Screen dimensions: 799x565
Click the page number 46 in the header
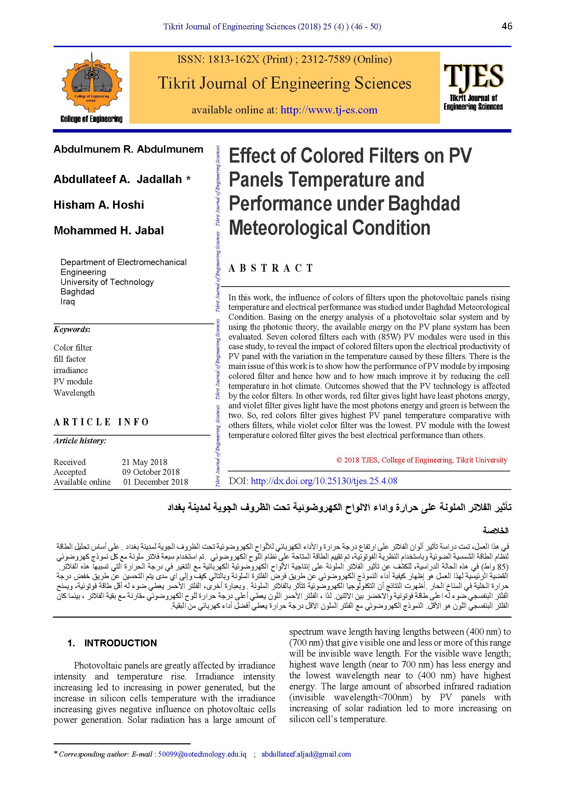pyautogui.click(x=507, y=26)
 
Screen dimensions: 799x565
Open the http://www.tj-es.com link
pyautogui.click(x=329, y=110)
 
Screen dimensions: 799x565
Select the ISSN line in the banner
pyautogui.click(x=284, y=59)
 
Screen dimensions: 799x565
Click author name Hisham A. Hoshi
pyautogui.click(x=99, y=205)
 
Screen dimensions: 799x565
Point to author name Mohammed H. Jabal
pyautogui.click(x=109, y=231)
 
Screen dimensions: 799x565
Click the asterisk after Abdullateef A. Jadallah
pyautogui.click(x=188, y=179)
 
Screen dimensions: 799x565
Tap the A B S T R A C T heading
pyautogui.click(x=271, y=268)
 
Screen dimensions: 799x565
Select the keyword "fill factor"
pyautogui.click(x=70, y=359)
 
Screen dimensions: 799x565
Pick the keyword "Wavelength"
pyautogui.click(x=74, y=393)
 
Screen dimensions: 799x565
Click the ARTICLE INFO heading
pyautogui.click(x=101, y=422)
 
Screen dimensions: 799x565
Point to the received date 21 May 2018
pyautogui.click(x=144, y=462)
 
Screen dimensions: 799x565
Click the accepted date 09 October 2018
pyautogui.click(x=151, y=472)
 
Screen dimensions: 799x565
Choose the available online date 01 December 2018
pyautogui.click(x=155, y=482)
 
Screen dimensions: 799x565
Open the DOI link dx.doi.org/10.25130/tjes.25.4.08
pyautogui.click(x=324, y=481)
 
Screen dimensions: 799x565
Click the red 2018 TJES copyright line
pyautogui.click(x=422, y=460)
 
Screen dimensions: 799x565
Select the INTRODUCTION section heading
pyautogui.click(x=120, y=643)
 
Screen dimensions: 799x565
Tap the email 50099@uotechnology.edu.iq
pyautogui.click(x=202, y=754)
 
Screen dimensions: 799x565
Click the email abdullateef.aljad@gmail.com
pyautogui.click(x=306, y=754)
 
